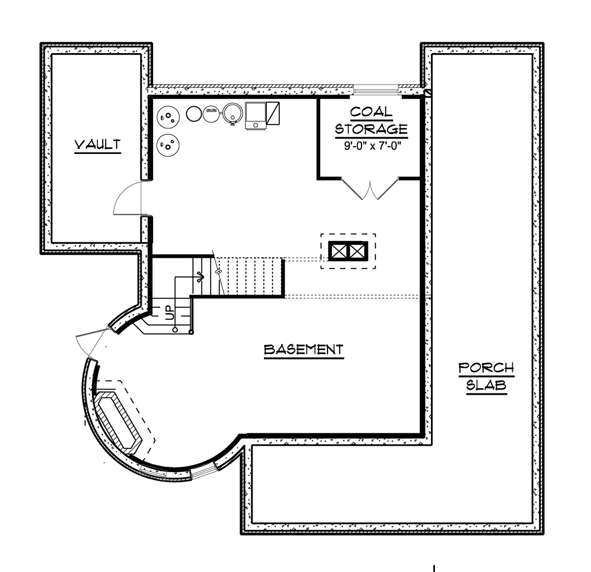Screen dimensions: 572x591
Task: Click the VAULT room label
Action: pos(98,145)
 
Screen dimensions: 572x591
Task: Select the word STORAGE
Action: pos(371,129)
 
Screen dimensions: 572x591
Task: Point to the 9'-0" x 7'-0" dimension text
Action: pos(371,146)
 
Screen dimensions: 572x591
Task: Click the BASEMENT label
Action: pos(303,350)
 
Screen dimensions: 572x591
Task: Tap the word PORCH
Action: pos(486,368)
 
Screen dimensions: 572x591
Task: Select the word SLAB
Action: pos(486,385)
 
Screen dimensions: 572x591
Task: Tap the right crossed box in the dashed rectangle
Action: pos(358,251)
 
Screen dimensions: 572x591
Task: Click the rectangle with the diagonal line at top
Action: pos(273,113)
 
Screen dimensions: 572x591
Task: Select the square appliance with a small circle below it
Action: pos(255,116)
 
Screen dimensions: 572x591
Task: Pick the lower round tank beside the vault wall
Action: pos(167,146)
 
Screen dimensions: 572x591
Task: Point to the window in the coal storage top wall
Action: pos(376,89)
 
